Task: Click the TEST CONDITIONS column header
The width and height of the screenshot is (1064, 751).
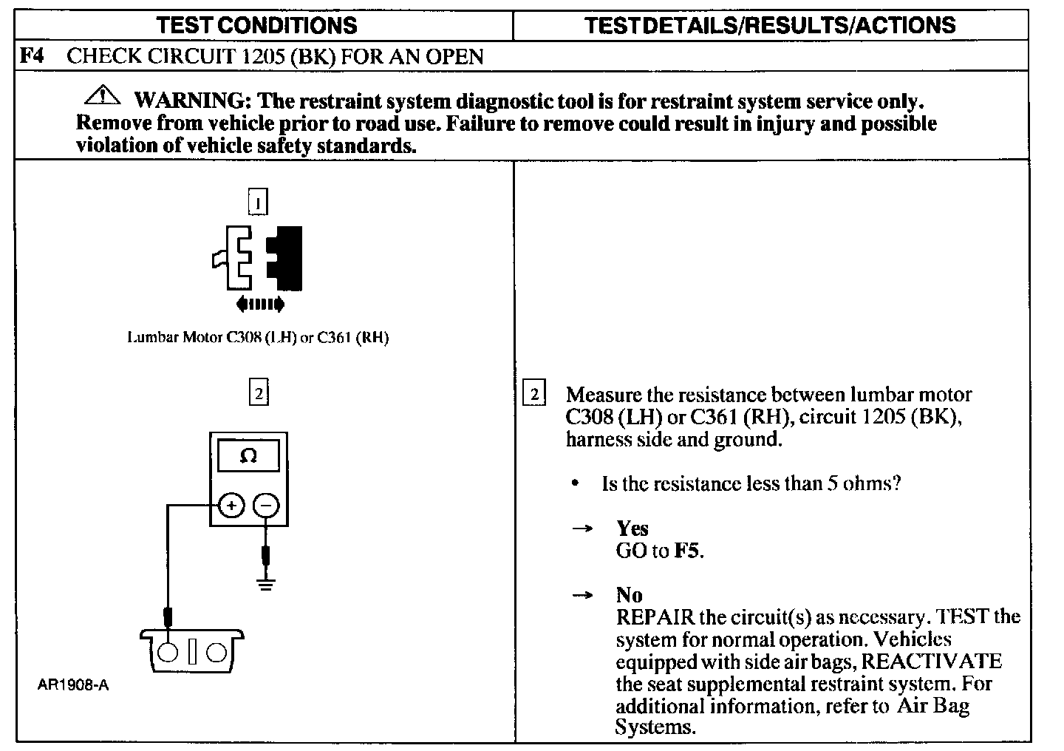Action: pos(256,25)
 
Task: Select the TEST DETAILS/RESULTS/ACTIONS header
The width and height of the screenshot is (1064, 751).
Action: pos(770,25)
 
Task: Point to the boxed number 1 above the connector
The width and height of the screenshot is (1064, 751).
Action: pos(257,202)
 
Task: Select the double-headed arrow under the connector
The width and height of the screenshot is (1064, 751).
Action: pos(259,304)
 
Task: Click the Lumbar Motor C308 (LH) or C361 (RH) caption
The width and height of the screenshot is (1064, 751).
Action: pos(258,338)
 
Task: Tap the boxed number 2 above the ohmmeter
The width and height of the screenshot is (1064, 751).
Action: pos(258,393)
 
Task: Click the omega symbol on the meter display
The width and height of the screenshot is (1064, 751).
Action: pos(248,456)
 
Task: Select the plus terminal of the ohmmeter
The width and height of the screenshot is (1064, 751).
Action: pos(231,506)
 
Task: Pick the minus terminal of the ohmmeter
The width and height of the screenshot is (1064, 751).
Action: pos(266,506)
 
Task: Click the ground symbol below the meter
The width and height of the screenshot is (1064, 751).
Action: pos(266,585)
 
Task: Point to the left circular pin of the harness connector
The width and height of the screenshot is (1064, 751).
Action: pos(168,653)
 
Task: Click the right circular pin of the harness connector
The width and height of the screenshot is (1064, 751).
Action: pos(216,653)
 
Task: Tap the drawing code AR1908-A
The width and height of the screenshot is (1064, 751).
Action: pos(73,685)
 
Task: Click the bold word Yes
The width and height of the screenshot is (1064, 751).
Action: pos(632,529)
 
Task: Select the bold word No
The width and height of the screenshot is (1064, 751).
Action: pos(629,595)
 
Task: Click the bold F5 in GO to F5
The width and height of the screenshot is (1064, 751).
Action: pos(686,551)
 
